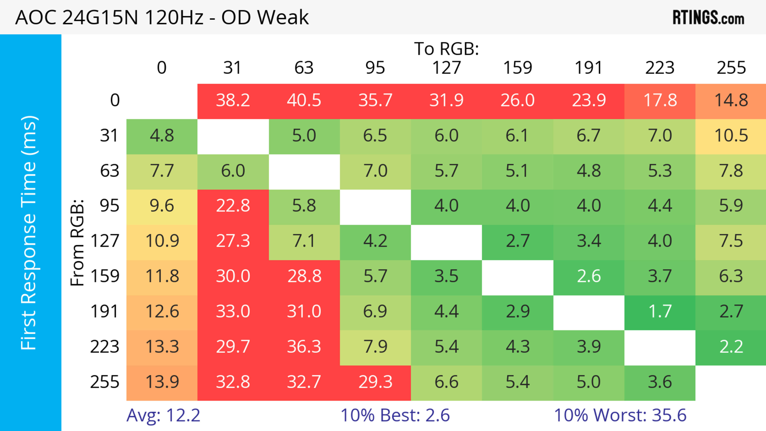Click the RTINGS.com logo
click(708, 18)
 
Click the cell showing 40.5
click(304, 100)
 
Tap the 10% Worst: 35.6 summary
click(620, 415)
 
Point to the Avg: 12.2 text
click(163, 415)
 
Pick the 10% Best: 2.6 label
click(395, 415)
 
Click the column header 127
click(446, 68)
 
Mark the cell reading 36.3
click(304, 347)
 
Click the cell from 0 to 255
click(731, 100)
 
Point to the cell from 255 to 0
click(162, 382)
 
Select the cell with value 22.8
click(233, 206)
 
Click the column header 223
click(660, 68)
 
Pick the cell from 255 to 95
click(375, 382)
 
